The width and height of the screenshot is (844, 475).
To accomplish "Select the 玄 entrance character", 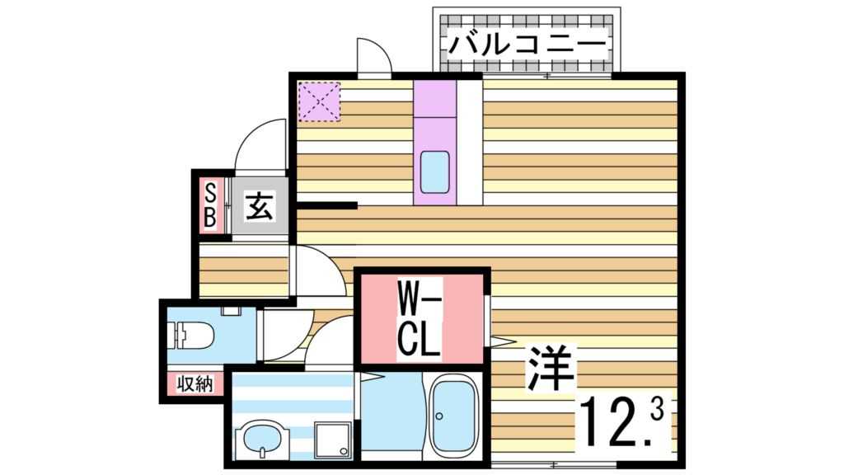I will [x=260, y=206].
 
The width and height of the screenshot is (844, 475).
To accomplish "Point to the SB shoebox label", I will [x=210, y=206].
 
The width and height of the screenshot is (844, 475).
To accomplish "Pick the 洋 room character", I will [x=550, y=367].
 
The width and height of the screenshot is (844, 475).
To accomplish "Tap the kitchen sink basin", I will [x=435, y=172].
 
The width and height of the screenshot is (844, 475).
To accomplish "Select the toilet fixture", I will [x=191, y=334].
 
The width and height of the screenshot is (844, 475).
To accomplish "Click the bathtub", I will [x=453, y=415].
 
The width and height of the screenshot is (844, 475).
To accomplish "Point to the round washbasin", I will [x=261, y=440].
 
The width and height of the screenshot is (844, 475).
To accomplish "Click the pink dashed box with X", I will [x=318, y=101].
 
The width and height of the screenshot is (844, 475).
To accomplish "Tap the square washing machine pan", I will [x=335, y=437].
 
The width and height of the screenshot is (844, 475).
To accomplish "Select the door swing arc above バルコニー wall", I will [x=373, y=56].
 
